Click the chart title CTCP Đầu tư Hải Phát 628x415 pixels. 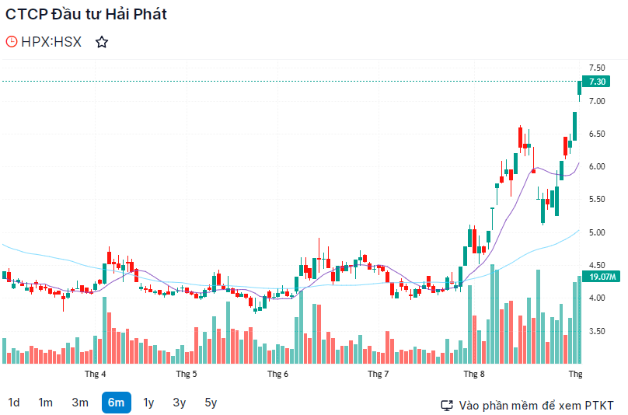point(86,14)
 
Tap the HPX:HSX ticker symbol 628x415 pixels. point(51,42)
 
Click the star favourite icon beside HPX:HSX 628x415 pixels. point(101,42)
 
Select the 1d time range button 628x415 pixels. point(14,403)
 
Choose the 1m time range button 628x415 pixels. point(46,403)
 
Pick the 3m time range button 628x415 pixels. point(80,403)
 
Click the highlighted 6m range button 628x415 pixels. point(116,403)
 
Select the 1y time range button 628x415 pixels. point(148,403)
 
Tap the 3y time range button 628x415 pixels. point(180,403)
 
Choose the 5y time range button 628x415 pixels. point(211,403)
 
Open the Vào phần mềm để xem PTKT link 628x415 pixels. point(528,405)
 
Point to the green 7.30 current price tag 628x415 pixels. point(597,82)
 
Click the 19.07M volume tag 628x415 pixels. point(602,277)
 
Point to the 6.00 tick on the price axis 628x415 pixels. point(597,167)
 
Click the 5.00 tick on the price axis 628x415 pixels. point(597,232)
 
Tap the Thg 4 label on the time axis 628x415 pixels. point(96,374)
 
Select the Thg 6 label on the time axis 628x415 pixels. point(277,374)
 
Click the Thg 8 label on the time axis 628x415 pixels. point(473,374)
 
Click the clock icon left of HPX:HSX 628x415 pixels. point(12,42)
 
